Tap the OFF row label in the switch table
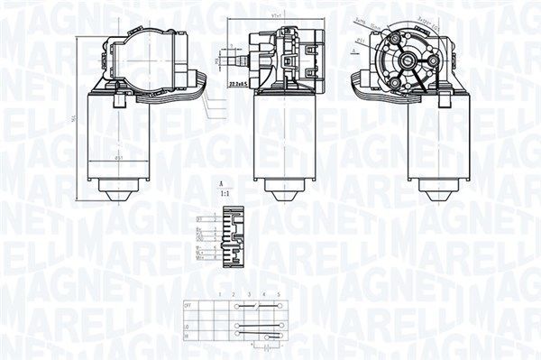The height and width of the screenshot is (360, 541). [x=188, y=306]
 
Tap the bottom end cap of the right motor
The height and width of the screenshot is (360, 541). [x=439, y=191]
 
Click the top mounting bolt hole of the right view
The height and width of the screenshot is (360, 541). [x=397, y=41]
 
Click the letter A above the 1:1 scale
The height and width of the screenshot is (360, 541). [x=222, y=184]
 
